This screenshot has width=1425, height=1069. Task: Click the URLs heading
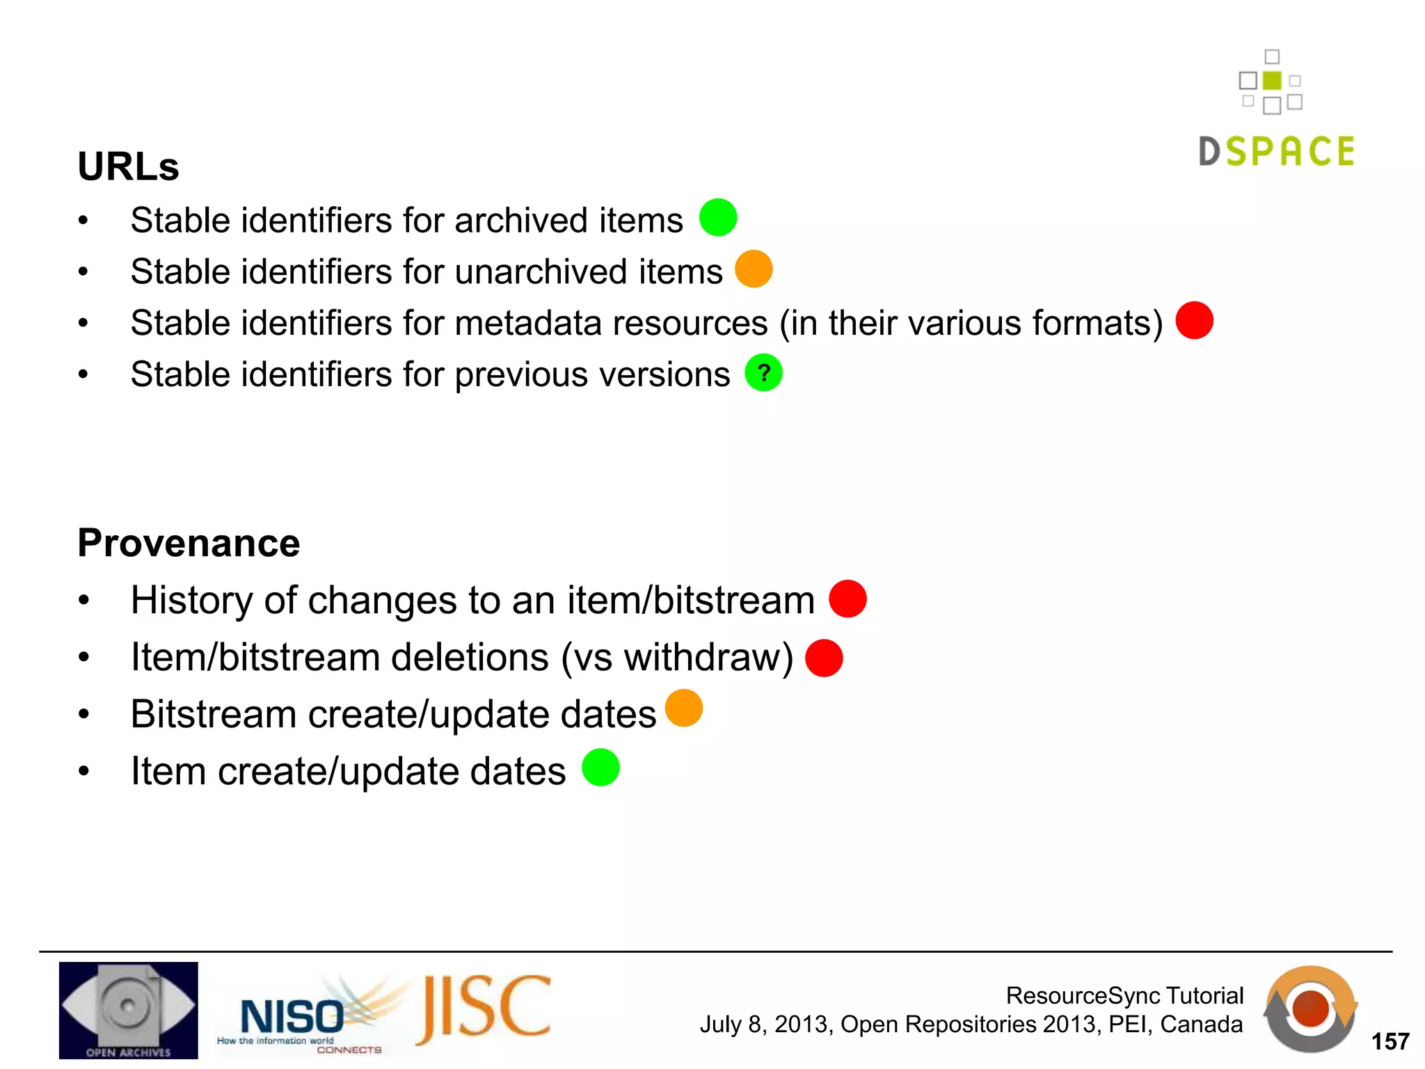[x=129, y=167]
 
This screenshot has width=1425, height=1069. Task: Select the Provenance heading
[x=189, y=543]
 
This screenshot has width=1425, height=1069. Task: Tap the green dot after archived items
[x=718, y=217]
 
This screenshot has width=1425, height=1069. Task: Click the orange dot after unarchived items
[x=754, y=269]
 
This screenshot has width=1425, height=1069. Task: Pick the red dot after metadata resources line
[x=1194, y=320]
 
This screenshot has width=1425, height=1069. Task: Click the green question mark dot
[x=763, y=373]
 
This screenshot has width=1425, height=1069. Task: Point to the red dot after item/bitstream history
[x=847, y=599]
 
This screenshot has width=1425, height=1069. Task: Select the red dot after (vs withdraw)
[x=824, y=658]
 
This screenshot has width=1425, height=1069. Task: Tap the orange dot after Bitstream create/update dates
[x=684, y=708]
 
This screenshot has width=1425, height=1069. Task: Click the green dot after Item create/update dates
[x=600, y=767]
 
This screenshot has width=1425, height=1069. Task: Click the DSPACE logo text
[x=1277, y=152]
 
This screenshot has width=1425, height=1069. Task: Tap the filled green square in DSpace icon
[x=1272, y=81]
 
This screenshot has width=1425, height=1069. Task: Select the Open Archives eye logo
[x=129, y=1010]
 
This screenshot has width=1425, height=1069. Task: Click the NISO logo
[x=292, y=1016]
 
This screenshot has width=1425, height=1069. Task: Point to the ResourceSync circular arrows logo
[x=1310, y=1009]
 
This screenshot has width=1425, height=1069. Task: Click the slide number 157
[x=1390, y=1041]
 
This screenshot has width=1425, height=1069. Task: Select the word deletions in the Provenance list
[x=470, y=658]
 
